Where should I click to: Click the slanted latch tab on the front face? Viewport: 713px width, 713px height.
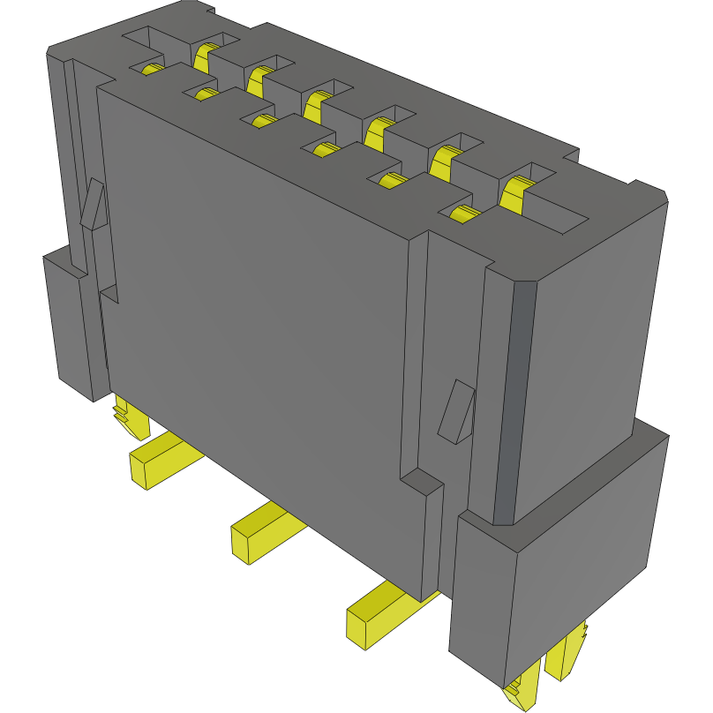click(x=456, y=411)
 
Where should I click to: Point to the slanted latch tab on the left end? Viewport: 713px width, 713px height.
click(x=94, y=205)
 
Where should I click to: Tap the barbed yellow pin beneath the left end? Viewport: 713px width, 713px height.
click(x=128, y=418)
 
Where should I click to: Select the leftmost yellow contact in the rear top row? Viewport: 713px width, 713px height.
click(x=204, y=58)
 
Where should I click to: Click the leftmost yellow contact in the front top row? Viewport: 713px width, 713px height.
click(x=151, y=70)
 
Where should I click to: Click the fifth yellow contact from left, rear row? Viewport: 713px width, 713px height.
click(x=446, y=159)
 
